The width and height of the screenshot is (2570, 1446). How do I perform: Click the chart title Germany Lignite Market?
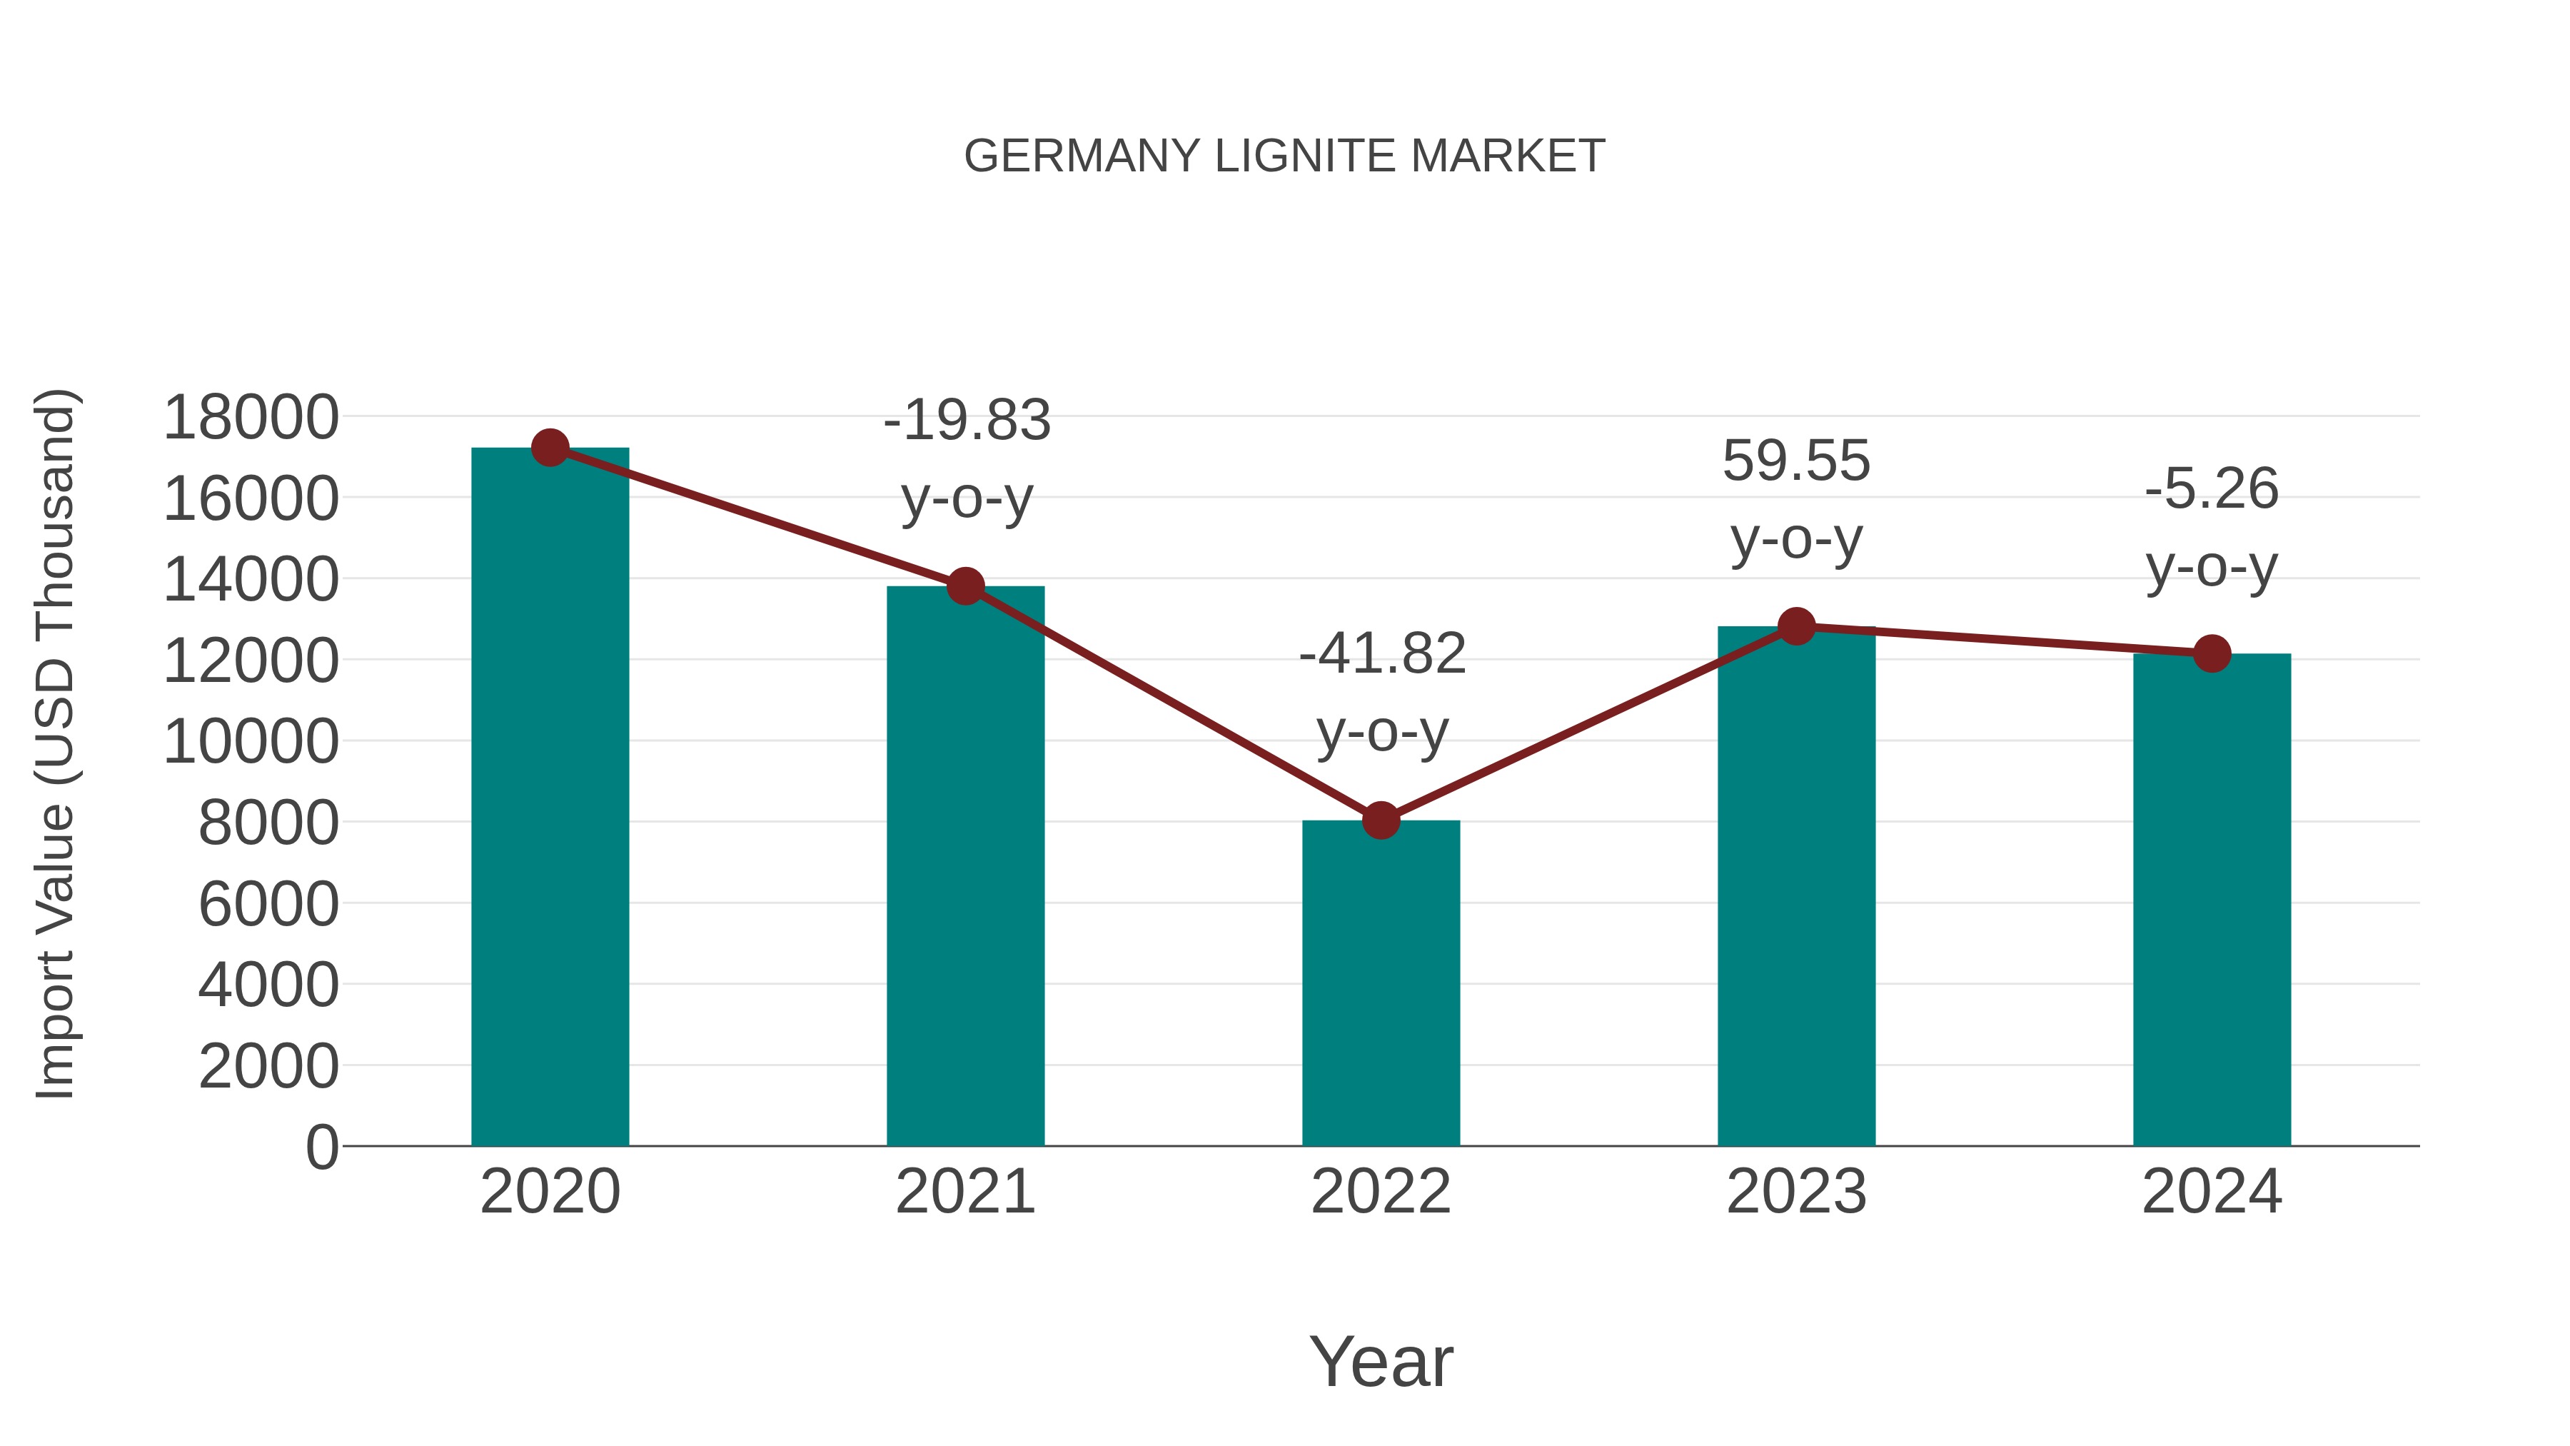1284,156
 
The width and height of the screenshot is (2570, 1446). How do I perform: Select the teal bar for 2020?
550,798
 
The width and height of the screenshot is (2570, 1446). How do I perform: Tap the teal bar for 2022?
1381,983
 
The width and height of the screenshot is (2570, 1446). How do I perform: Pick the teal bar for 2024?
2212,898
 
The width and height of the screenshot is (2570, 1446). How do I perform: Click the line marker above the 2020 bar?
550,448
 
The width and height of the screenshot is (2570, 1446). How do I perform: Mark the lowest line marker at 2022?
1381,820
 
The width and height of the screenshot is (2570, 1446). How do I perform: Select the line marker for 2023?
1797,627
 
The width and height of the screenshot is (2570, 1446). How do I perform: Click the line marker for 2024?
2212,653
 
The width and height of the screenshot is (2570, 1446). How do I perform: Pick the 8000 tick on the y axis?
268,823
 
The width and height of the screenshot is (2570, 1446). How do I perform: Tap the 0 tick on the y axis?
322,1147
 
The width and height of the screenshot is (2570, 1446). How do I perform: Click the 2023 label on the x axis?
1797,1192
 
